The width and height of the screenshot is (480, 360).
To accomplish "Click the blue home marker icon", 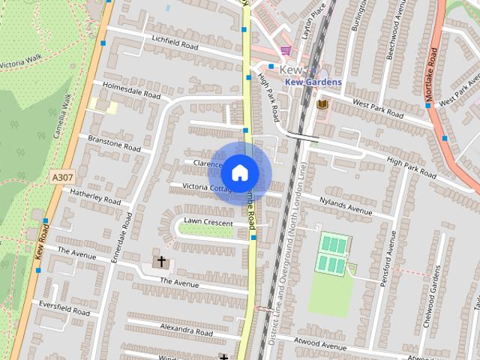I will [239, 172].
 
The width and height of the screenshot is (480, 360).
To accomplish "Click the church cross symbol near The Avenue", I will [160, 262].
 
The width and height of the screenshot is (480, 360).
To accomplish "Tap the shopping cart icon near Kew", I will [286, 51].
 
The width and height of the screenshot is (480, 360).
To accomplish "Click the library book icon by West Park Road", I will [322, 103].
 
